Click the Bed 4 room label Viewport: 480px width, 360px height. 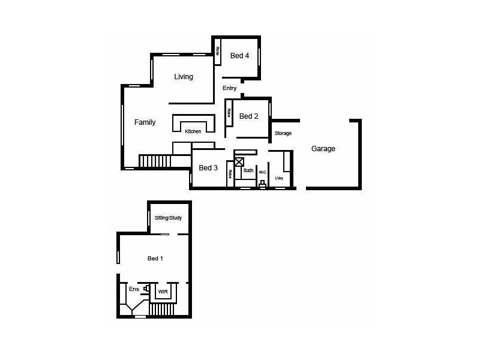pyautogui.click(x=239, y=56)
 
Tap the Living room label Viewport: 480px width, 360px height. pyautogui.click(x=184, y=77)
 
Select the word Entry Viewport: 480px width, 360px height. pyautogui.click(x=230, y=88)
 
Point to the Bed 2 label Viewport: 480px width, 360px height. pyautogui.click(x=249, y=116)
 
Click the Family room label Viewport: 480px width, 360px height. pyautogui.click(x=145, y=122)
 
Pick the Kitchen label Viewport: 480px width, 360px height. pyautogui.click(x=193, y=131)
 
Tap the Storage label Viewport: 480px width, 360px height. pyautogui.click(x=283, y=133)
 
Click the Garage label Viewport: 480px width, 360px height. pyautogui.click(x=323, y=149)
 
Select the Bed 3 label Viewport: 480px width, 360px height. pyautogui.click(x=208, y=168)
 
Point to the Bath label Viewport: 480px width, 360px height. pyautogui.click(x=248, y=171)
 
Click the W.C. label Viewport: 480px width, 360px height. pyautogui.click(x=263, y=172)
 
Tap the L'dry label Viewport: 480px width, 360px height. pyautogui.click(x=279, y=178)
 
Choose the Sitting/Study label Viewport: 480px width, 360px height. pyautogui.click(x=168, y=218)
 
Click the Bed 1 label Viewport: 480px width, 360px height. pyautogui.click(x=155, y=259)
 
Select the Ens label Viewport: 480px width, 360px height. pyautogui.click(x=134, y=289)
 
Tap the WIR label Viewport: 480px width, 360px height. pyautogui.click(x=163, y=292)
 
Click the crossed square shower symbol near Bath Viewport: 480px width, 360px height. pyautogui.click(x=239, y=162)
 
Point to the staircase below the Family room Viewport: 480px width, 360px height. pyautogui.click(x=155, y=161)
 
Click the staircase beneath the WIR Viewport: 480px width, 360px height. pyautogui.click(x=161, y=310)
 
